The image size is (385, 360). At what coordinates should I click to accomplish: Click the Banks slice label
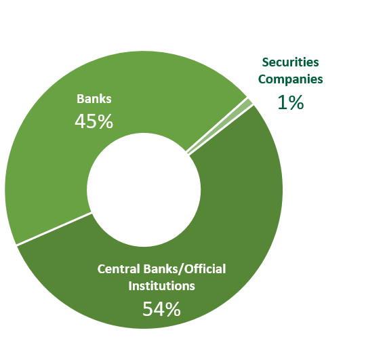tap(94, 99)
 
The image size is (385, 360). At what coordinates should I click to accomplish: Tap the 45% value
tap(94, 121)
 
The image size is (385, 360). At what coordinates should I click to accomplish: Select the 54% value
tap(161, 309)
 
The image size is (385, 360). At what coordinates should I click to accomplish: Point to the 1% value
tap(291, 102)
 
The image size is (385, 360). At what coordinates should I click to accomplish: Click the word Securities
tap(291, 62)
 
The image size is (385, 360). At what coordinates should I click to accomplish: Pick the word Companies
tap(291, 79)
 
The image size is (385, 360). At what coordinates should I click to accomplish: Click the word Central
tap(119, 269)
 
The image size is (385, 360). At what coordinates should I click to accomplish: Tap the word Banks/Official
tap(184, 269)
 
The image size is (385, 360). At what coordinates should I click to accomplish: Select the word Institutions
tap(161, 286)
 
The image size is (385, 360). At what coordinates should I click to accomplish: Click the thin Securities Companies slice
tap(218, 127)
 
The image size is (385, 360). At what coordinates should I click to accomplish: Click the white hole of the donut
tap(144, 190)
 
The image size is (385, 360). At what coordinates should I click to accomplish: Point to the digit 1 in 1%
tap(282, 102)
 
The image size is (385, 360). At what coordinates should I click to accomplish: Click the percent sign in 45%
tap(105, 121)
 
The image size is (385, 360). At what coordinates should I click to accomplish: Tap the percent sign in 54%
tap(172, 309)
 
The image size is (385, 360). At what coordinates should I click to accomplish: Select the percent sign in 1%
tap(296, 102)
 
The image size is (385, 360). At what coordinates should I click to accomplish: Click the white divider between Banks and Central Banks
tap(54, 228)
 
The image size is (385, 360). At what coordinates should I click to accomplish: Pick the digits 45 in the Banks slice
tap(85, 121)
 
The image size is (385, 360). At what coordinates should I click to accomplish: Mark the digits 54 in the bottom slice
tap(153, 309)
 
